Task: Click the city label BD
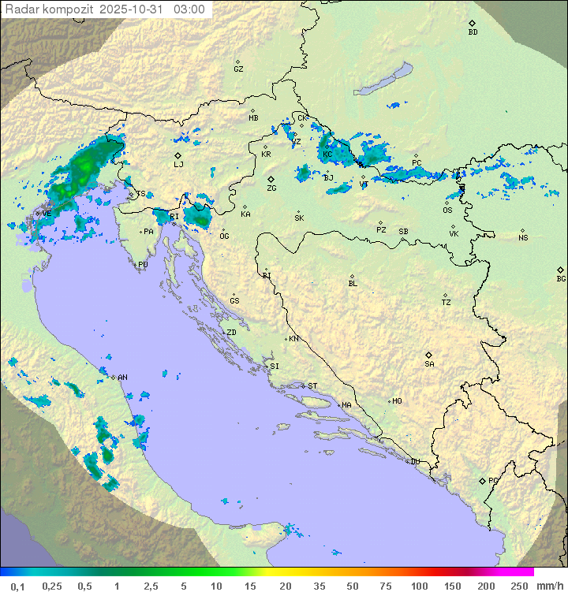point(473,32)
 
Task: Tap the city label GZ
point(238,69)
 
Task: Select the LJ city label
point(178,164)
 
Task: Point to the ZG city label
point(271,188)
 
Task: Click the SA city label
point(429,363)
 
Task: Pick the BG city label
point(561,278)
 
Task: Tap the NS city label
point(523,237)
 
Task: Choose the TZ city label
point(447,302)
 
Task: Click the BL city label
point(353,283)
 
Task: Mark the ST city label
point(312,385)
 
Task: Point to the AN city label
point(121,378)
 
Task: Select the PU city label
point(143,265)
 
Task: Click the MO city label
point(397,400)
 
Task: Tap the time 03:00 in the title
point(189,9)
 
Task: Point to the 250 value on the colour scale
point(518,585)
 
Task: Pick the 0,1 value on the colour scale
point(17,585)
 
